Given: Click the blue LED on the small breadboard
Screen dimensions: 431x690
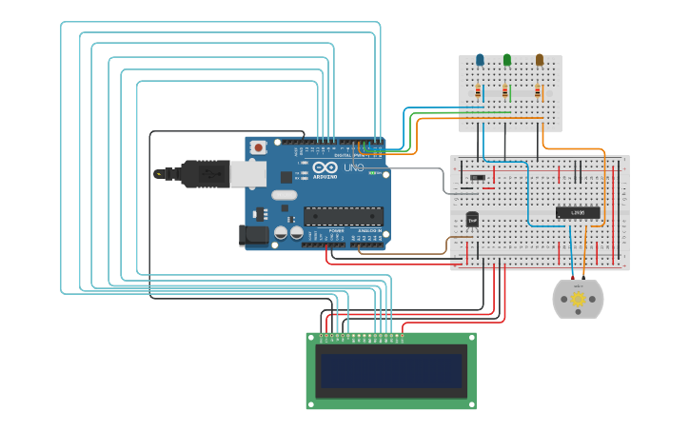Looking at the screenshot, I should tap(480, 60).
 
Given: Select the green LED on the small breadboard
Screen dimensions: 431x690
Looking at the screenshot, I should tap(506, 60).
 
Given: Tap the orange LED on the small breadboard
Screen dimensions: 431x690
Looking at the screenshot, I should tap(540, 60).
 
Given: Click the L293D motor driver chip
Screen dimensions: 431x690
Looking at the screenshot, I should tap(578, 212).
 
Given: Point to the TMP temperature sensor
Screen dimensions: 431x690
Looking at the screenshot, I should tap(472, 219).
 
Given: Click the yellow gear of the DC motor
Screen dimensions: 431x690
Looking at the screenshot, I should tap(578, 299).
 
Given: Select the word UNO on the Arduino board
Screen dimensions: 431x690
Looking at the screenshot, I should tap(353, 168).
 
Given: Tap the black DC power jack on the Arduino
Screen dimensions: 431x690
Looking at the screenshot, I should tap(254, 234).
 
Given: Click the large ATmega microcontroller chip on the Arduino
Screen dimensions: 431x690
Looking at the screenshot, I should tap(343, 216).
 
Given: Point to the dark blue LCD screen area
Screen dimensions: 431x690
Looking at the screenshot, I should tap(391, 371).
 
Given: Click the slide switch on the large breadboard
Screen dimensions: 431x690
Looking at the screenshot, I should tap(478, 177).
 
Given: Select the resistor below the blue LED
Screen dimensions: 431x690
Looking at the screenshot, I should tap(479, 92).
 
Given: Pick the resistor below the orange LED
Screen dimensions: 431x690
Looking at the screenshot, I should tap(538, 92).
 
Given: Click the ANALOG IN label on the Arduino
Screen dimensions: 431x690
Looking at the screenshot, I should tap(369, 231).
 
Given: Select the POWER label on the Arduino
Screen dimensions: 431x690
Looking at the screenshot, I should tap(337, 231).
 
